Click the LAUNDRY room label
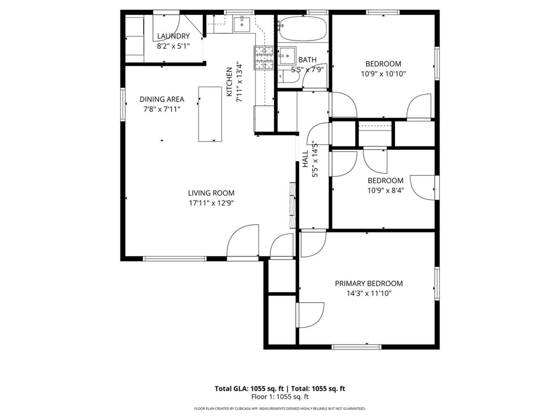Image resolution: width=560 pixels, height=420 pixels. tap(173, 36)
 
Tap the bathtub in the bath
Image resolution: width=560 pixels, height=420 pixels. tap(303, 28)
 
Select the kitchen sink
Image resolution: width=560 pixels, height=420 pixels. tap(241, 24)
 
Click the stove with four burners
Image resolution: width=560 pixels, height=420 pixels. tap(264, 58)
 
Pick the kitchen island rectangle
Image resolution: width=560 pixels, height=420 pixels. tap(210, 114)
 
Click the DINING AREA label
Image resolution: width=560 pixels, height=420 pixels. tap(162, 99)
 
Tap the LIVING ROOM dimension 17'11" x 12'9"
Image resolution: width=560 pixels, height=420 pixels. tap(211, 203)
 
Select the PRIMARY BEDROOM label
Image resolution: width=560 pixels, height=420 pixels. tap(369, 283)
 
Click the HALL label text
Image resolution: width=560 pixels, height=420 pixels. tap(305, 159)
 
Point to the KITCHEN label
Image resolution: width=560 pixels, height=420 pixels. tap(229, 82)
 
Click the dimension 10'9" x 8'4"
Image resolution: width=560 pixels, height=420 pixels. tap(385, 191)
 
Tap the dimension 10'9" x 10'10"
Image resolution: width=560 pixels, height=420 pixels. tap(383, 74)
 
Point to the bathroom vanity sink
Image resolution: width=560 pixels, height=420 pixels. tap(287, 55)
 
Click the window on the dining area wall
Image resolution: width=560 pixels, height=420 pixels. tap(123, 104)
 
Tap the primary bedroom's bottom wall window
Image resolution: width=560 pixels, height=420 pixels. tap(356, 347)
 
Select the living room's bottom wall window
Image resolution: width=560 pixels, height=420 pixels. tap(175, 259)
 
